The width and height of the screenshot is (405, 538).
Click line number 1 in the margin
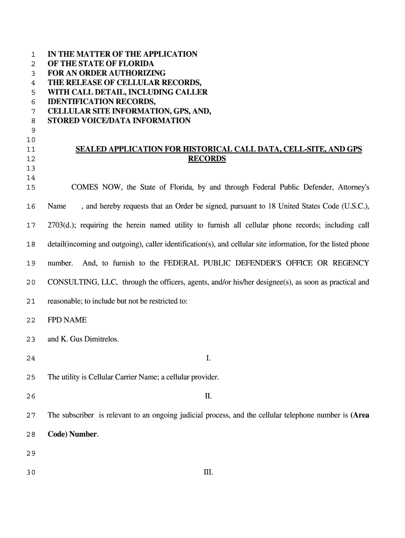33,55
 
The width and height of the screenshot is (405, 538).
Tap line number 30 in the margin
31,472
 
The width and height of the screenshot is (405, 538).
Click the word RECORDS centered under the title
207,159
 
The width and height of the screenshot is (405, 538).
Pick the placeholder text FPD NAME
67,320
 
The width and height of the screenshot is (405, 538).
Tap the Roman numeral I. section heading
208,358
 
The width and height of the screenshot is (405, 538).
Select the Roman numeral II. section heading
208,396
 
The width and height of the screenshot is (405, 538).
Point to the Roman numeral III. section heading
208,472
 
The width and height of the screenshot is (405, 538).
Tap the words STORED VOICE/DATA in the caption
92,121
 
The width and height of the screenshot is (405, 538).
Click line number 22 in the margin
31,320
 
